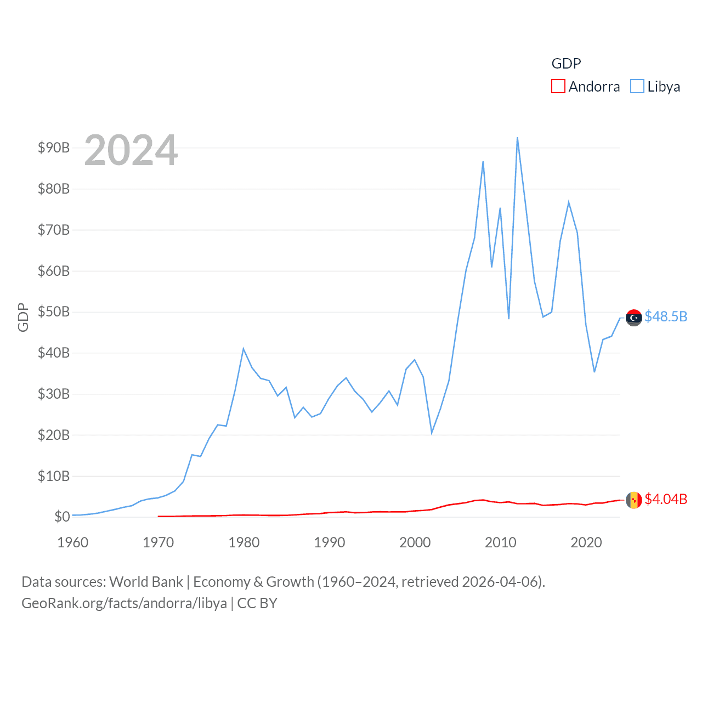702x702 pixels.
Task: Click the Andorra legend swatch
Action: (x=558, y=87)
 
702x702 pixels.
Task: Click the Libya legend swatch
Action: (x=637, y=87)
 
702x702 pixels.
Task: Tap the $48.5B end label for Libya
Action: (x=665, y=317)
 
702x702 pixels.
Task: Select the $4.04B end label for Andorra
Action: (x=665, y=499)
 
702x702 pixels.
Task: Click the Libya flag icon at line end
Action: (x=633, y=318)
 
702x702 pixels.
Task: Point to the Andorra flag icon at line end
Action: (x=633, y=500)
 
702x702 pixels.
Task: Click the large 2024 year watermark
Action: (x=131, y=150)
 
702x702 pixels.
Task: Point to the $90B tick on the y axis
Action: (x=54, y=148)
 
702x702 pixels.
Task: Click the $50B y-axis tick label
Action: (x=54, y=312)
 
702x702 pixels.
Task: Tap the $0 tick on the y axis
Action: (x=62, y=517)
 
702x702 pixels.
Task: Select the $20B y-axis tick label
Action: (x=54, y=435)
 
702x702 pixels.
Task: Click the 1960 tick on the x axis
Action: (x=73, y=542)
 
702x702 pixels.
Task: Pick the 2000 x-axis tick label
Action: (x=415, y=542)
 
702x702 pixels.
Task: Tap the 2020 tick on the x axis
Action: (x=586, y=542)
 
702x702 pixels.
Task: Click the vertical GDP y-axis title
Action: (x=23, y=317)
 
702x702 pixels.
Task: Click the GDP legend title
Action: (x=566, y=64)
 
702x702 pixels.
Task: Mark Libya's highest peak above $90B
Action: (x=517, y=138)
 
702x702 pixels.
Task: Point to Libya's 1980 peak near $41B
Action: (x=244, y=349)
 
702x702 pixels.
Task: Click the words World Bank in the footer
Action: (x=146, y=581)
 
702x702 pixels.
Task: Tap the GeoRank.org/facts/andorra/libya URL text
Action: (x=124, y=603)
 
